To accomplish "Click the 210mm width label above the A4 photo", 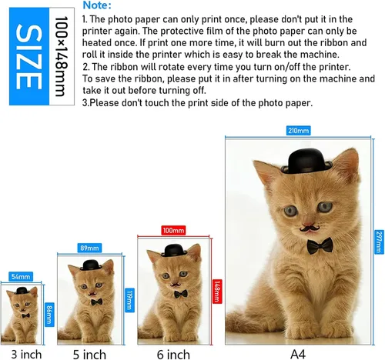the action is point(298,131).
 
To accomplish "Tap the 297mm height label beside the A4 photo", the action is point(379,242).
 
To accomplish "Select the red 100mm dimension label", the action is point(173,230).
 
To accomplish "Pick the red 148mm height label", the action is point(217,292).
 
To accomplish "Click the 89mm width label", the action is point(89,248).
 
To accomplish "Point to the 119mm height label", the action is point(130,300).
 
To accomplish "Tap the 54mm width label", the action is point(21,277).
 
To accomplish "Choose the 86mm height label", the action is point(49,315).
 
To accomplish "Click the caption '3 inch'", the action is point(26,355).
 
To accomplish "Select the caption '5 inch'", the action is point(89,355).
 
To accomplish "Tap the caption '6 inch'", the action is point(173,355).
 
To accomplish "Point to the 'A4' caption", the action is point(298,355).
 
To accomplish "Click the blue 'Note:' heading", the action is point(97,5).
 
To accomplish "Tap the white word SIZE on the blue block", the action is point(28,57).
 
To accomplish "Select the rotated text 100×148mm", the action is point(62,56).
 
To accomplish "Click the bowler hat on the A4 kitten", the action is point(306,161).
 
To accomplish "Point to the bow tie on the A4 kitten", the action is point(320,245).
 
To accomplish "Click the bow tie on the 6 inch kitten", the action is point(181,294).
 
